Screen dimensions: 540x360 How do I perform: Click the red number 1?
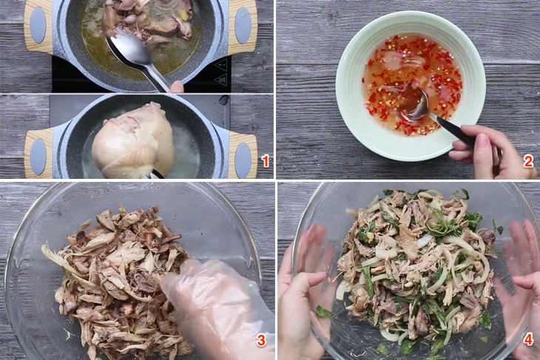coord(265,160)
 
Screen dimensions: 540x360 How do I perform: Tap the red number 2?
coord(528,160)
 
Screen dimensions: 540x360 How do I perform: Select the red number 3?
coord(261,340)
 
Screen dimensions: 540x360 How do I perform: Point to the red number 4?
coord(528,340)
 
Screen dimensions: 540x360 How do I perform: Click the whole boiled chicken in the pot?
coord(133,140)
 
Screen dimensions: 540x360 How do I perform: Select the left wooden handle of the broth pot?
coord(38,26)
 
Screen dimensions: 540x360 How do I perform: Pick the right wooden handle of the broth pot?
coord(243,26)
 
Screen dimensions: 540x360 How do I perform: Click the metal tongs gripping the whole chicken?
coord(155,174)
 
